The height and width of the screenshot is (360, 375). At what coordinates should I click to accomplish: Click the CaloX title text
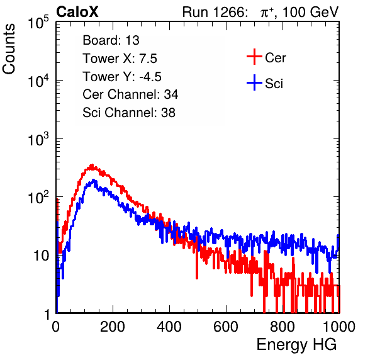pos(77,12)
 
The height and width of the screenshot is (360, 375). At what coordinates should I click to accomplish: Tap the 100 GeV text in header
pos(310,12)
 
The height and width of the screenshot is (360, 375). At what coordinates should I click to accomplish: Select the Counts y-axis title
pos(9,49)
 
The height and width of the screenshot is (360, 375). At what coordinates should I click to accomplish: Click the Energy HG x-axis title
pos(296,345)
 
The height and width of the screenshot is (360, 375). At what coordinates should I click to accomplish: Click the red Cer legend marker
pos(254,57)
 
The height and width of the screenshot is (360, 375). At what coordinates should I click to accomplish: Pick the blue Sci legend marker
pos(254,82)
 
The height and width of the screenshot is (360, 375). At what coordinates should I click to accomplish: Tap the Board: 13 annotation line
pos(111,40)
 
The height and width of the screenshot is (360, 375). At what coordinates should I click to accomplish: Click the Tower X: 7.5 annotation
pos(120,59)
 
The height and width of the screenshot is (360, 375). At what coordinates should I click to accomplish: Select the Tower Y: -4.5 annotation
pos(122,77)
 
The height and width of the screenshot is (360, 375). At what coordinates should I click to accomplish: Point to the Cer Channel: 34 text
pos(130,94)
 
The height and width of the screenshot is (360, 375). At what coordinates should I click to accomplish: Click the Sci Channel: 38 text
pos(129,113)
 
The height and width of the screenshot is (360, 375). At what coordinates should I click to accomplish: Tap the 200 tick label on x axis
pos(113,327)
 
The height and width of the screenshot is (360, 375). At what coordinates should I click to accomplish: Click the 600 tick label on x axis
pos(226,327)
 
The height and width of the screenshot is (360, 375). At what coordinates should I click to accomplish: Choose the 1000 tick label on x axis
pos(339,327)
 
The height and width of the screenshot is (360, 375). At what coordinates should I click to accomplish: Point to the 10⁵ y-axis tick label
pos(38,23)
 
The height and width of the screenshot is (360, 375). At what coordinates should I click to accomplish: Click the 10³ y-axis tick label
pos(38,139)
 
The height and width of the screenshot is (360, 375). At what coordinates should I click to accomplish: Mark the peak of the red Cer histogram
pos(92,165)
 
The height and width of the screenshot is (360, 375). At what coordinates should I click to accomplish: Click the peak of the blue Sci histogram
pos(94,180)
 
